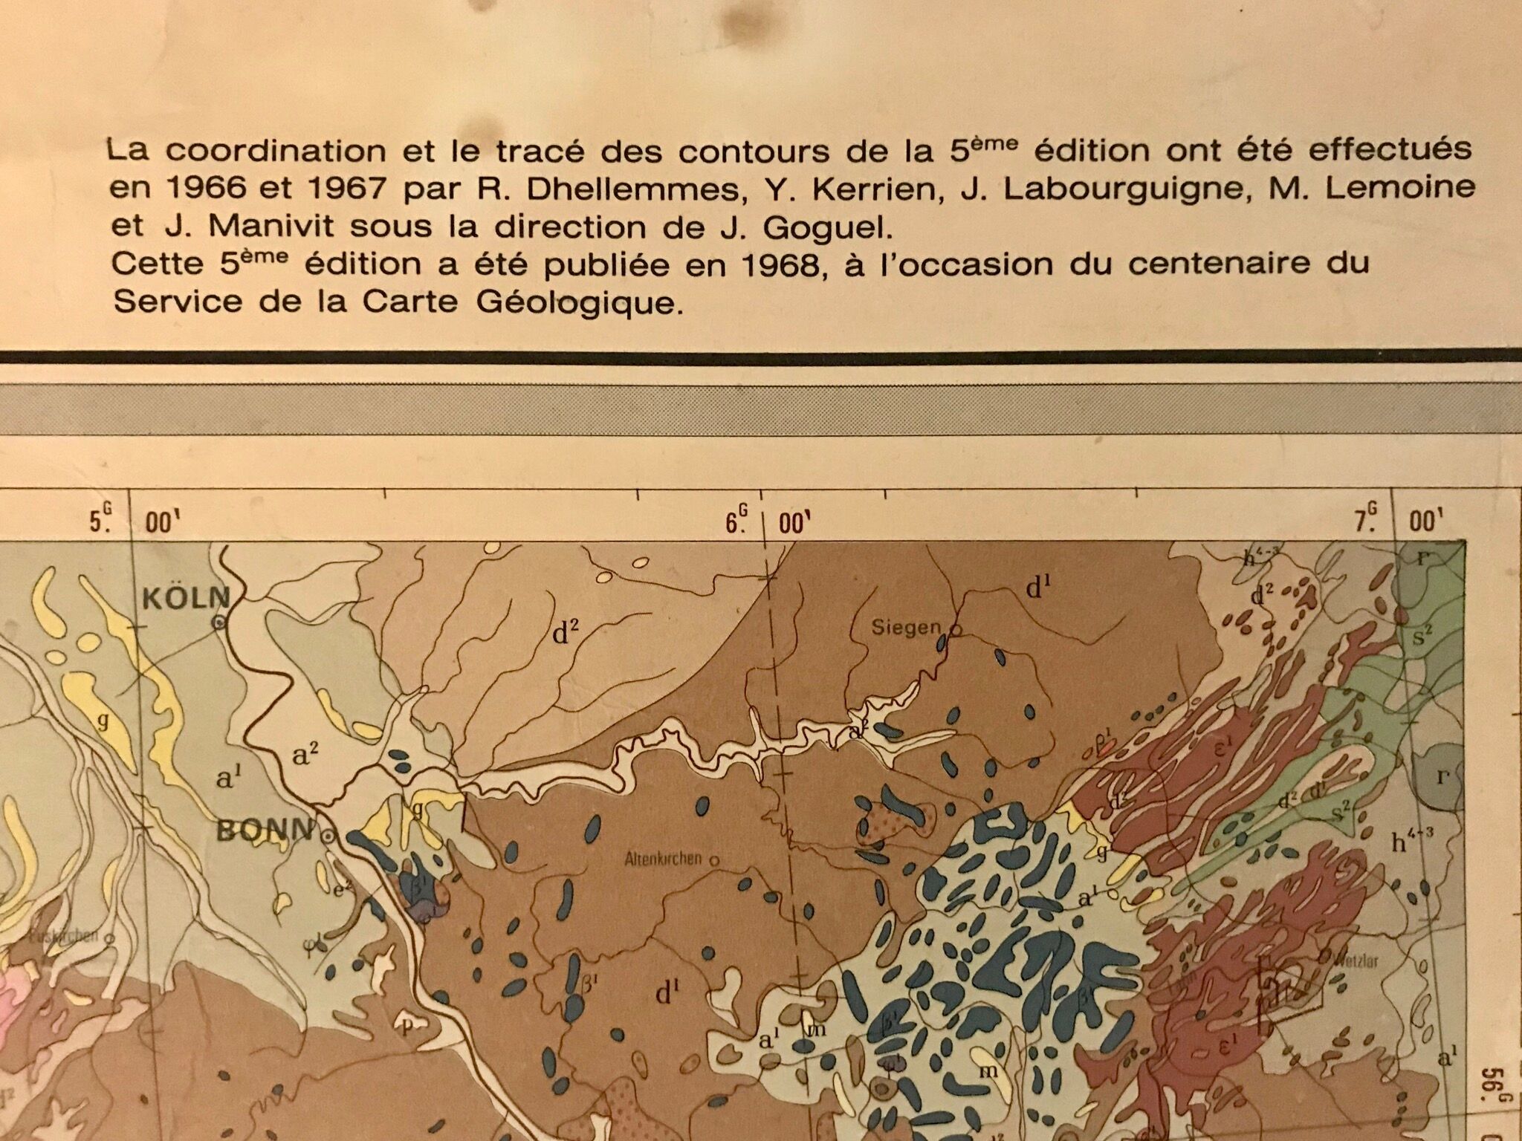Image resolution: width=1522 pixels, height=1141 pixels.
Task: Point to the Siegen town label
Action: pos(906,628)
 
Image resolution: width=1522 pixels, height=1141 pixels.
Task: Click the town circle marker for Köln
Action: pos(219,624)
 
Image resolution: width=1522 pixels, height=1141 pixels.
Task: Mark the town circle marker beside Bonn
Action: pos(326,836)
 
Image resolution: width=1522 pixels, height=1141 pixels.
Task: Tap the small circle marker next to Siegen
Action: pos(956,630)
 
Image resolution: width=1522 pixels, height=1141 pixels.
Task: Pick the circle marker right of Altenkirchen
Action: pos(714,860)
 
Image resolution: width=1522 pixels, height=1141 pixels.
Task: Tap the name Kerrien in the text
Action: pos(878,189)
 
